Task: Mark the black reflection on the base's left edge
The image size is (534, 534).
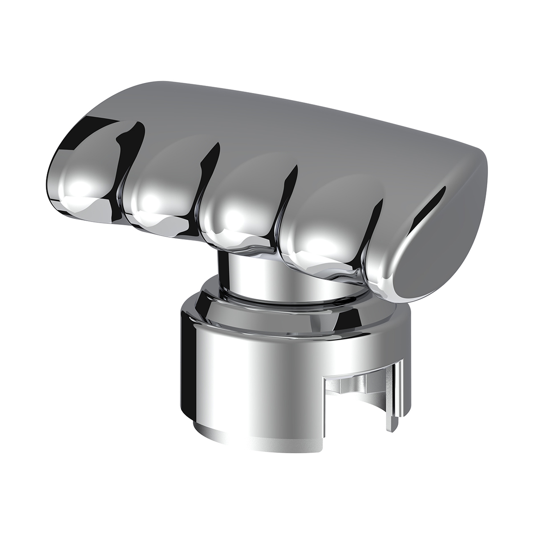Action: tap(183, 356)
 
